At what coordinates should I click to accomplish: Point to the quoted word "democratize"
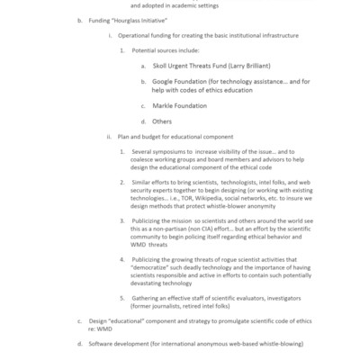(x=157, y=267)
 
